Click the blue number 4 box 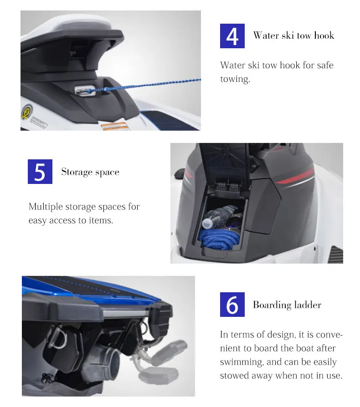pos(232,36)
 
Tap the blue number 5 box pos(40,172)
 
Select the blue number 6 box pos(232,305)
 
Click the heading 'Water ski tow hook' pos(294,36)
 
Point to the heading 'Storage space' pos(90,172)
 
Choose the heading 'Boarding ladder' pos(287,305)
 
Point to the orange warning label pos(114,126)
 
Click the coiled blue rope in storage pos(218,239)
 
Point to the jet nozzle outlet pos(109,361)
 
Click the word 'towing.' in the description pos(235,79)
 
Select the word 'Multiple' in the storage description pos(46,207)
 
